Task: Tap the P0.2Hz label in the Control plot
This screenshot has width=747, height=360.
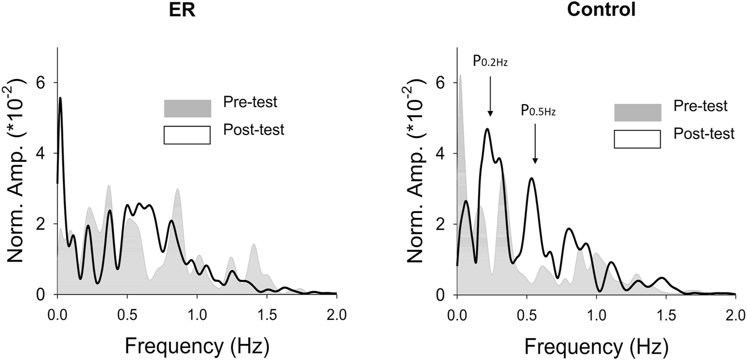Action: tap(490, 61)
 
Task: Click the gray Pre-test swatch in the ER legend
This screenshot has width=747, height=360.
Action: tap(188, 108)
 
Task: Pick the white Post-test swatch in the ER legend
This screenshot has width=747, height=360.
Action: tap(188, 135)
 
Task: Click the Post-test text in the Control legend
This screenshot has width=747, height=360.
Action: tap(704, 134)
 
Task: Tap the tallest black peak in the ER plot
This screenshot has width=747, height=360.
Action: tap(60, 98)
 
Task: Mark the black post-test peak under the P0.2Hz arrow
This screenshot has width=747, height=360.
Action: tap(487, 129)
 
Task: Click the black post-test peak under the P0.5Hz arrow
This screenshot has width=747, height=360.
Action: tap(532, 179)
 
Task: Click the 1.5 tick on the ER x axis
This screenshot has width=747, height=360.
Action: tap(267, 314)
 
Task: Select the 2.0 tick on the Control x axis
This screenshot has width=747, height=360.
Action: tap(734, 314)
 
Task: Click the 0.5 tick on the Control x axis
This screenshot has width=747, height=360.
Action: tap(526, 314)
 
